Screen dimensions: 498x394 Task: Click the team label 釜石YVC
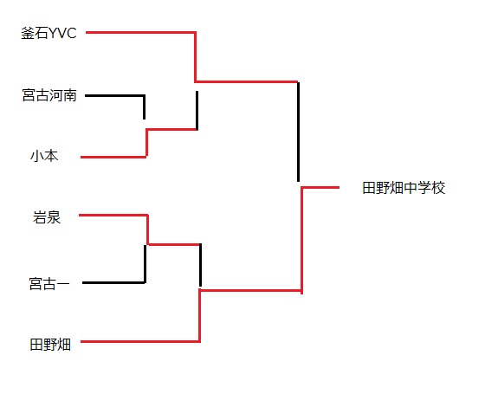(49, 33)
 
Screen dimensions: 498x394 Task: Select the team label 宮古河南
(49, 95)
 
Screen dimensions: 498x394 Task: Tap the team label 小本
(44, 156)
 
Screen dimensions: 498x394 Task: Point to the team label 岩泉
(47, 217)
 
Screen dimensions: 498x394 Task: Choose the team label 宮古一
(49, 283)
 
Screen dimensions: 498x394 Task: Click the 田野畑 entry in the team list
(50, 345)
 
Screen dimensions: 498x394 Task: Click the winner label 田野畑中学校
(404, 188)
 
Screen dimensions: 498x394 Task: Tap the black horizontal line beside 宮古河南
(115, 95)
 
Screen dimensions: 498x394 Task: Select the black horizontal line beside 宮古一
(113, 282)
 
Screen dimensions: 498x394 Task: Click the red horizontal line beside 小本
(113, 157)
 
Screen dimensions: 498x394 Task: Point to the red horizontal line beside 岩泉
(113, 216)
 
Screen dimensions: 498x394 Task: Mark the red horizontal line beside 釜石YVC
(140, 32)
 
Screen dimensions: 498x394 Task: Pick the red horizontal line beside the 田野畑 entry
(140, 341)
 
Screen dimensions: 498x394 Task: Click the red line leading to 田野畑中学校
(320, 187)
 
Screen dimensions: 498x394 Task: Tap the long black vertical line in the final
(298, 132)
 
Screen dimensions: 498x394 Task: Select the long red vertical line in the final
(301, 241)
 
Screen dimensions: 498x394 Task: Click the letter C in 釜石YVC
(72, 33)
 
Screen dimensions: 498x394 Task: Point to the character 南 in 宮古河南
(70, 95)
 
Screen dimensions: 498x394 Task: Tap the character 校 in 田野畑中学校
(438, 188)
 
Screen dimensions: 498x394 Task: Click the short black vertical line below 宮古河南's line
(144, 107)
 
